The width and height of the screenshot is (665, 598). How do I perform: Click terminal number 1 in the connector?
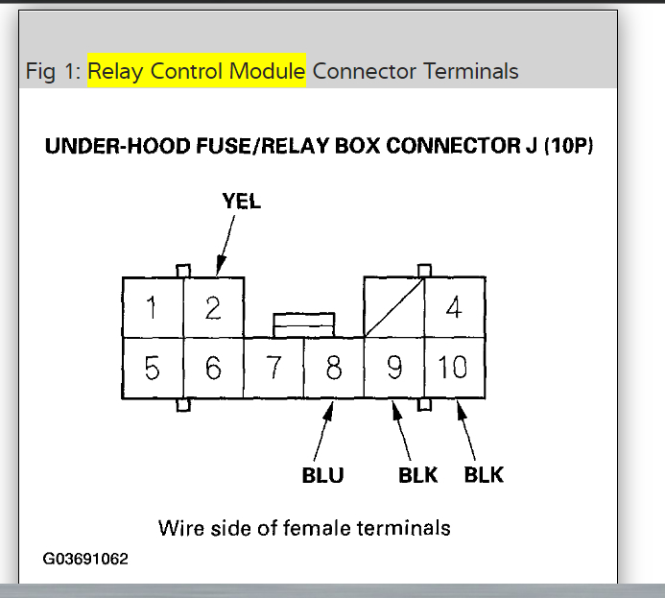153,307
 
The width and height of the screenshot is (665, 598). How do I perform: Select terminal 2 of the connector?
213,307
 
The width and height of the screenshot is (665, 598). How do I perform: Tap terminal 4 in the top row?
454,307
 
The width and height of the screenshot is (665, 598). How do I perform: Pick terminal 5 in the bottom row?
153,368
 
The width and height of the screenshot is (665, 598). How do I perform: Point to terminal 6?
213,368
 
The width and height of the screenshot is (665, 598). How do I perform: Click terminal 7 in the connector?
273,368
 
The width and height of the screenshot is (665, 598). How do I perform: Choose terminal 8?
334,368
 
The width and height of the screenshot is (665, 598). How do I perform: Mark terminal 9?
394,368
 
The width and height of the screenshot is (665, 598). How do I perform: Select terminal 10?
454,368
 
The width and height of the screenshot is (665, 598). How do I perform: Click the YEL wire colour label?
241,202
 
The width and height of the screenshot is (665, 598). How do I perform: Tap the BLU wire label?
323,475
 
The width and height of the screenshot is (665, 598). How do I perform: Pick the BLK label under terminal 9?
418,475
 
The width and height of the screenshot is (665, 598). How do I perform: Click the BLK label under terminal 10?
484,475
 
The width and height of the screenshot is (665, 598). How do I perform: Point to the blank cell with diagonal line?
394,307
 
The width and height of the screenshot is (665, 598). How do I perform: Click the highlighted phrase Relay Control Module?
197,71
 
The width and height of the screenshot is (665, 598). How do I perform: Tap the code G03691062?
85,558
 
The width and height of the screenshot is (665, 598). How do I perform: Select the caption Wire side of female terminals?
304,527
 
